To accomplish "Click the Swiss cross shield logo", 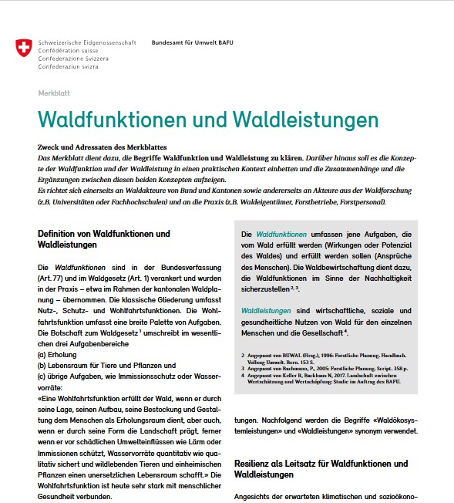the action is [x=25, y=49].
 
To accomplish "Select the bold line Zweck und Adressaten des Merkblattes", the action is [x=102, y=147].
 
